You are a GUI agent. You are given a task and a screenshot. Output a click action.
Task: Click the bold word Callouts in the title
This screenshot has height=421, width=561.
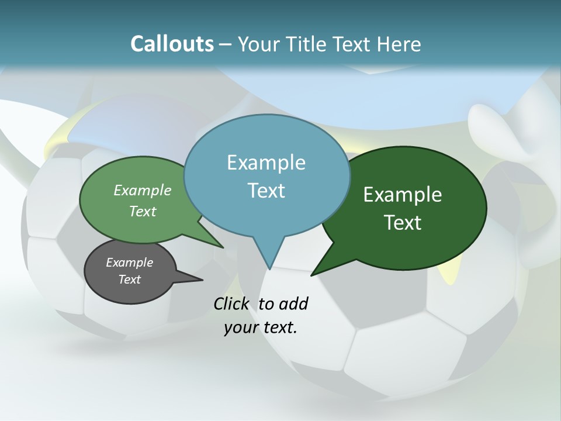click(172, 44)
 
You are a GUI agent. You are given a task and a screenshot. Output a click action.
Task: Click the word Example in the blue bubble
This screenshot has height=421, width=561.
click(266, 163)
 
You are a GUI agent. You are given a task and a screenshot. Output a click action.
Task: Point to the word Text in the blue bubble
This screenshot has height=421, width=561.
click(266, 191)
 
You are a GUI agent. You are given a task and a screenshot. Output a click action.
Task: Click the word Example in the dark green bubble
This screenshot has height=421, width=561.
click(403, 195)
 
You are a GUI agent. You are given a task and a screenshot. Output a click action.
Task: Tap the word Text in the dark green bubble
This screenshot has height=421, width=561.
click(403, 223)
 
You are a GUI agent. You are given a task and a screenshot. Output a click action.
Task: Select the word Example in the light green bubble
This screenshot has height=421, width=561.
click(143, 190)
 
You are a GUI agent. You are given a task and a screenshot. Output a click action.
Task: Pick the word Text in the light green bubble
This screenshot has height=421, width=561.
click(143, 211)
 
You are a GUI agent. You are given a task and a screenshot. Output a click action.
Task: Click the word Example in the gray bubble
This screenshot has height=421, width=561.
click(130, 263)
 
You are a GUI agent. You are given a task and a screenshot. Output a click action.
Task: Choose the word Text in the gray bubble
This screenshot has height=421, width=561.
click(130, 279)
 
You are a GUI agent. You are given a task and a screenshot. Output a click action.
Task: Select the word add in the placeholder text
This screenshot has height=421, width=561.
click(293, 303)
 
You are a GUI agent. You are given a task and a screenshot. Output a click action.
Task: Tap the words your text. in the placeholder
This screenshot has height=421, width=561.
click(261, 327)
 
